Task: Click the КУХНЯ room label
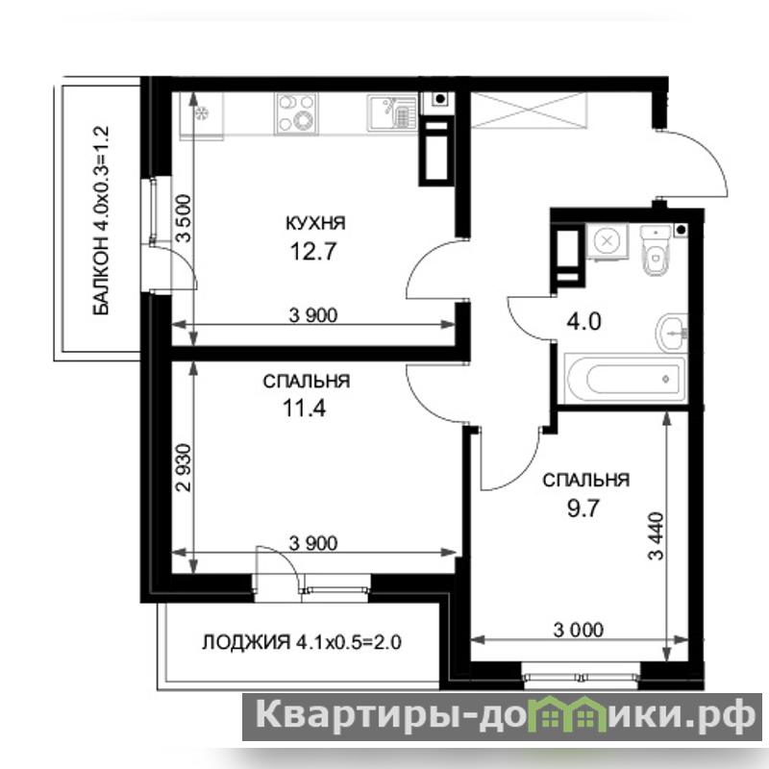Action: pyautogui.click(x=315, y=223)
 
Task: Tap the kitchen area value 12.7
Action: pyautogui.click(x=313, y=252)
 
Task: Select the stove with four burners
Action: pyautogui.click(x=296, y=113)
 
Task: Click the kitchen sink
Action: pyautogui.click(x=391, y=112)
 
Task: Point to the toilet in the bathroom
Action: pyautogui.click(x=656, y=249)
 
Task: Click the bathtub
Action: pyautogui.click(x=625, y=379)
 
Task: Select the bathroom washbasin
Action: pyautogui.click(x=671, y=333)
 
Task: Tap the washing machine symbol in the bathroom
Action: pyautogui.click(x=608, y=241)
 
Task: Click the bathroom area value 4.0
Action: pyautogui.click(x=583, y=322)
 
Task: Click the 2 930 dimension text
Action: pyautogui.click(x=184, y=467)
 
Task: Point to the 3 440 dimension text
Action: pyautogui.click(x=657, y=536)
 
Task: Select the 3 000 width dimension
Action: pyautogui.click(x=579, y=630)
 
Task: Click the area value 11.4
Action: pyautogui.click(x=304, y=408)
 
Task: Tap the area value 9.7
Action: pyautogui.click(x=583, y=509)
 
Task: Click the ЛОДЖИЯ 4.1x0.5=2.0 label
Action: pyautogui.click(x=302, y=641)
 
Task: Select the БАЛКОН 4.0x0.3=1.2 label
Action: pyautogui.click(x=101, y=220)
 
